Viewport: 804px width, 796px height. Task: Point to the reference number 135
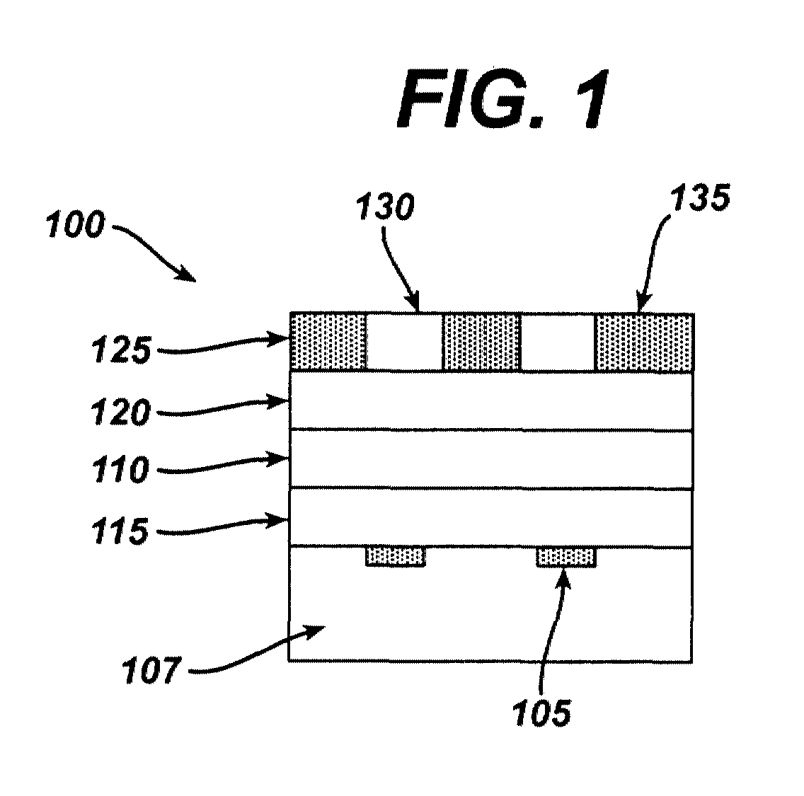[698, 200]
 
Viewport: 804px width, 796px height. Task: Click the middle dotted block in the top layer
[481, 342]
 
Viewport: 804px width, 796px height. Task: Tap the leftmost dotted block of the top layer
[328, 342]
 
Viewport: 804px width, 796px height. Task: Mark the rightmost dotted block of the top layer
[644, 342]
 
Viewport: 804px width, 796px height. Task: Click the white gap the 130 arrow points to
[404, 342]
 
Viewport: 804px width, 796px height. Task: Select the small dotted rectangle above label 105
[565, 557]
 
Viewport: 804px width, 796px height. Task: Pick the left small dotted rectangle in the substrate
[395, 557]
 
